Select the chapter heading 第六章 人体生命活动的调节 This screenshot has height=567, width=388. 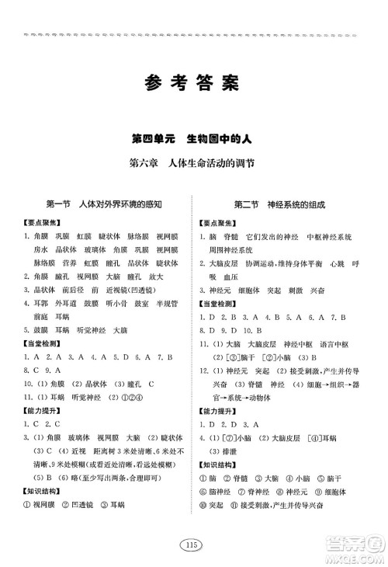[x=193, y=164]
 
